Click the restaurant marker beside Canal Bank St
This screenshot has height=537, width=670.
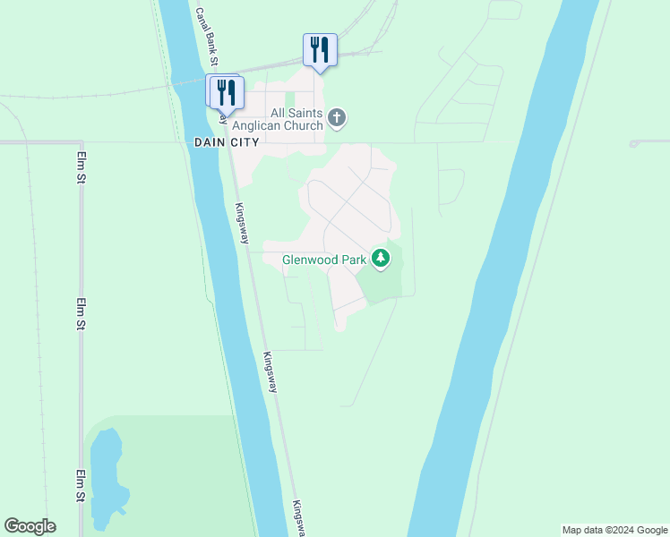coord(226,93)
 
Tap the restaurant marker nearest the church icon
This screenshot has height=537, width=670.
coord(320,50)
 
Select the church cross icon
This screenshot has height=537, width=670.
coord(337,117)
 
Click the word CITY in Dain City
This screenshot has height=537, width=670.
coord(244,142)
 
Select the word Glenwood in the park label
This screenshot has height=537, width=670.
coord(311,260)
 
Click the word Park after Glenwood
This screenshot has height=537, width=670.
coord(355,260)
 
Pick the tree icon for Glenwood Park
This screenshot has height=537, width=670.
coord(382,259)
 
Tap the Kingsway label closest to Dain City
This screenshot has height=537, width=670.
coord(241,224)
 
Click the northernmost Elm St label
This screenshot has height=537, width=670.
coord(81,167)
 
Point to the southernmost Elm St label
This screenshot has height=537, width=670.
coord(81,487)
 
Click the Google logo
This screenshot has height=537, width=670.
coord(30,526)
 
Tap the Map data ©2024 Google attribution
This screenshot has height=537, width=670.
coord(615,530)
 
